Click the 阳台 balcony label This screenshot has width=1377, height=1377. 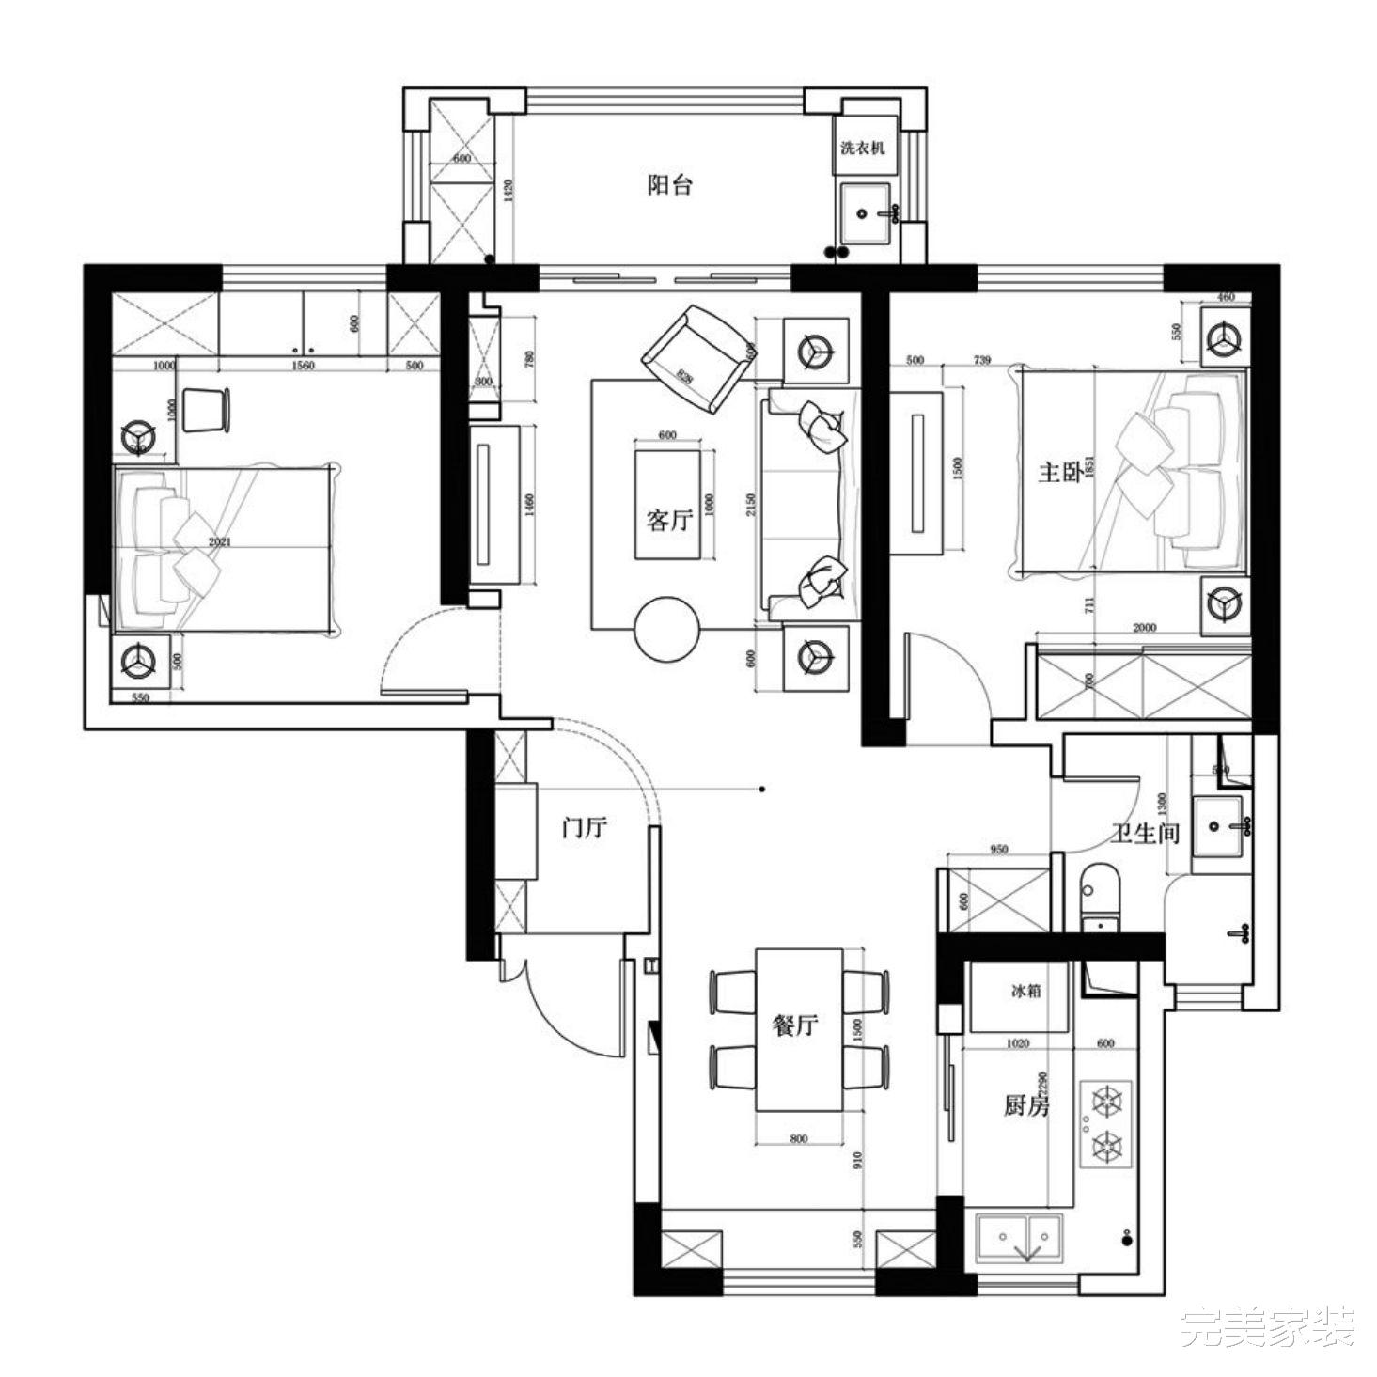click(x=669, y=185)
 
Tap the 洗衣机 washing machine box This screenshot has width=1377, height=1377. click(x=862, y=148)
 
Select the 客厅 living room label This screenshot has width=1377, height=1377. click(x=668, y=520)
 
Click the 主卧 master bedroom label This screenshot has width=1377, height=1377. click(x=1059, y=472)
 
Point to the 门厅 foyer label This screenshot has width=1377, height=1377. click(x=585, y=828)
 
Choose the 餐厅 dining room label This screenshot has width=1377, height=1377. click(x=795, y=1025)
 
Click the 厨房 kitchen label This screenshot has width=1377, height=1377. click(x=1025, y=1106)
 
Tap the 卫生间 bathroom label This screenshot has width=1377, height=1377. click(x=1144, y=833)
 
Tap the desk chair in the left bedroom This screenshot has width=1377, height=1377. click(x=205, y=410)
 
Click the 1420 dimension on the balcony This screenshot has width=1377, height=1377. click(x=509, y=192)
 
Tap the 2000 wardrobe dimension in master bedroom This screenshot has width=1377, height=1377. click(x=1144, y=628)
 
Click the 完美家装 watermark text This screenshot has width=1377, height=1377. click(x=1268, y=1327)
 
